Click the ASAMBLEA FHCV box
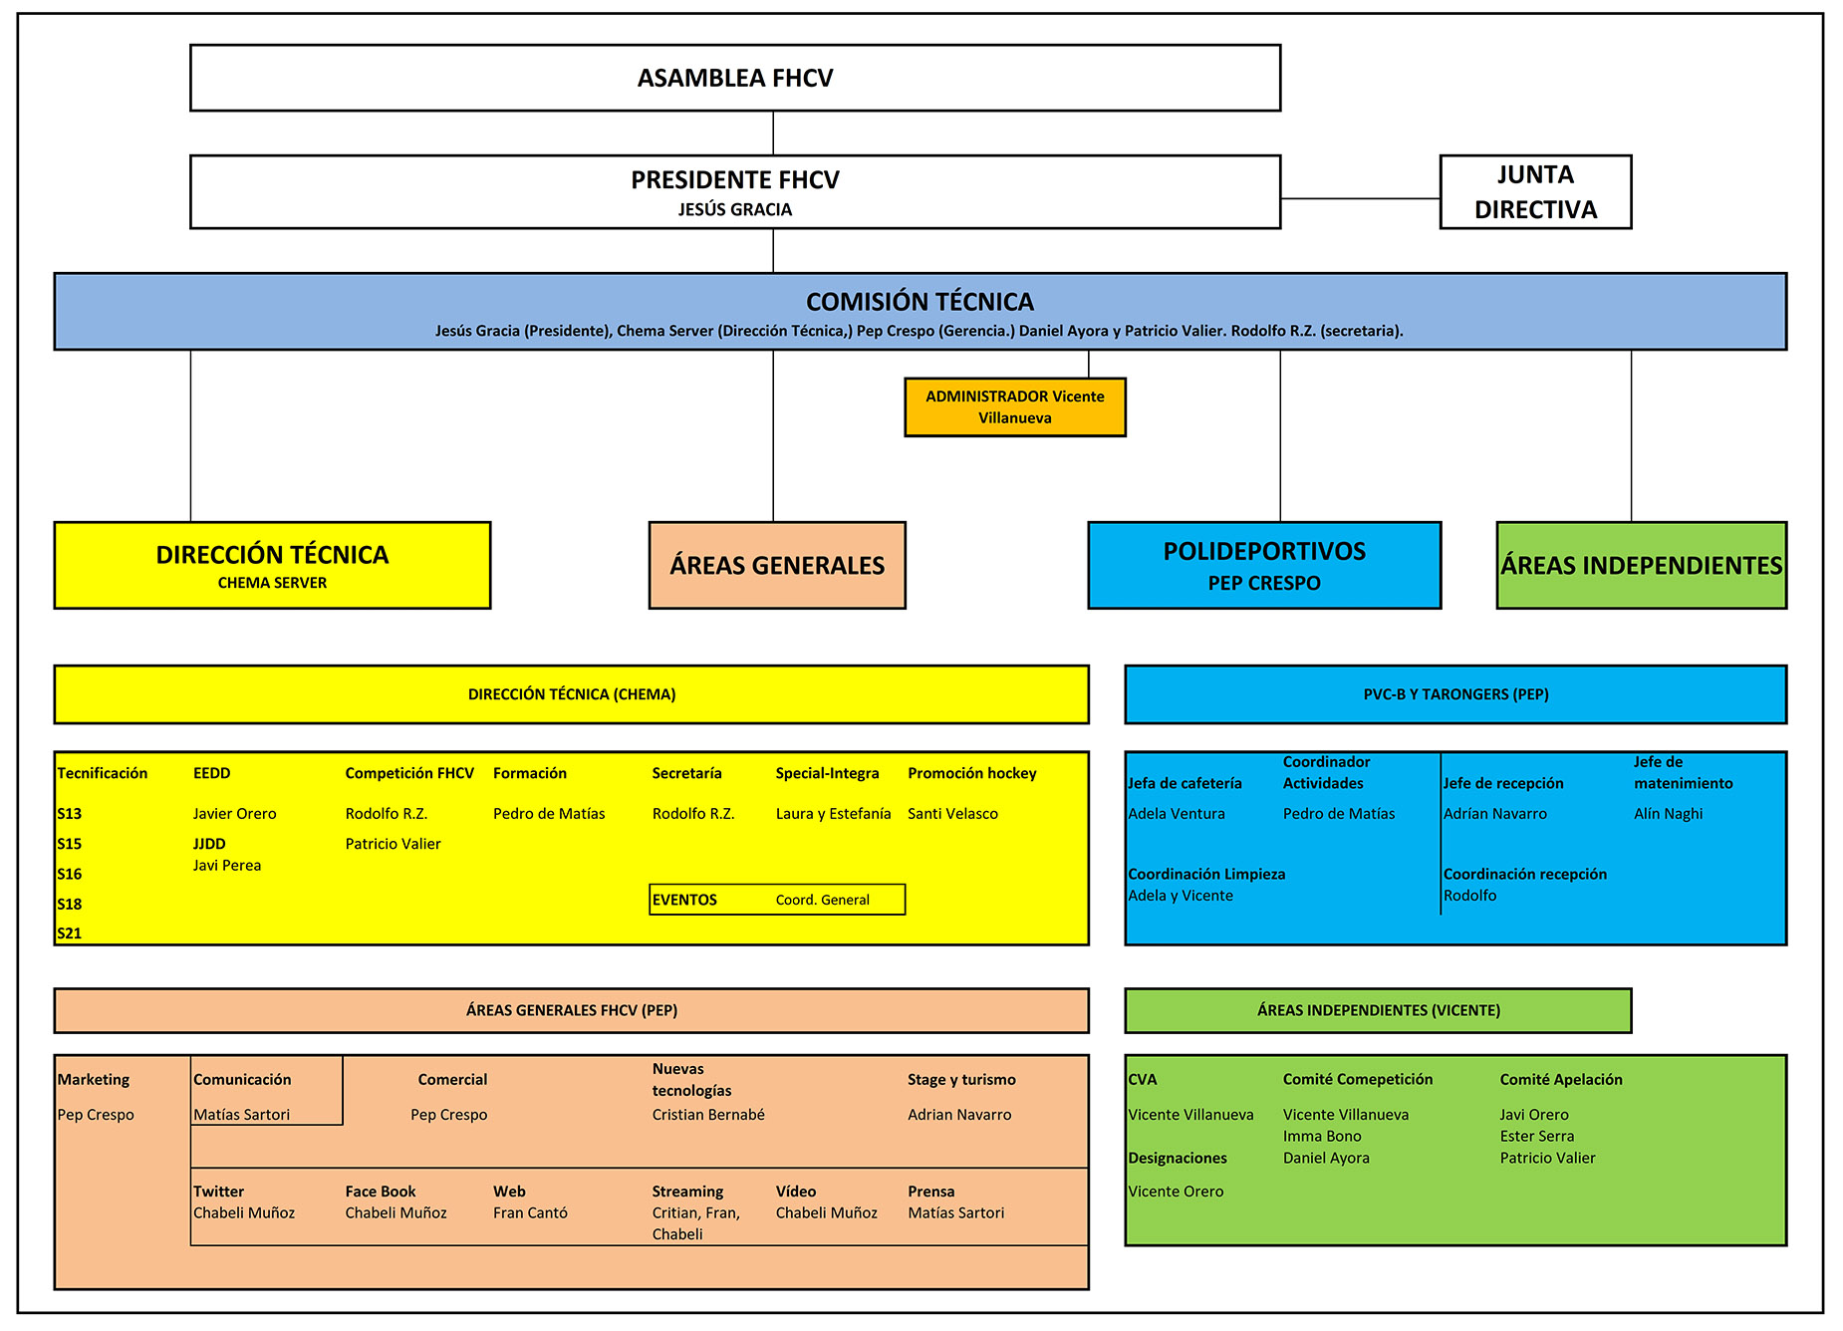tap(735, 78)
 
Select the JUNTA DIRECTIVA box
tap(1535, 192)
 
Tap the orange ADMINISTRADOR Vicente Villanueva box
tap(1015, 406)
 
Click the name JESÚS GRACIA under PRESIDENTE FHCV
tap(735, 209)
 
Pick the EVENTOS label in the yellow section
tap(684, 900)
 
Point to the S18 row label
tap(70, 904)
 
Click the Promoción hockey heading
tap(971, 773)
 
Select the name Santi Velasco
tap(952, 814)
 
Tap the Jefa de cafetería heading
tap(1185, 783)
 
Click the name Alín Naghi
tap(1668, 814)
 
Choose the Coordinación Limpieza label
tap(1206, 874)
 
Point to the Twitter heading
tap(218, 1192)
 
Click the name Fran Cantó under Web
tap(530, 1212)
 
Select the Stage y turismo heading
tap(961, 1079)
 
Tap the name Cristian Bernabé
tap(708, 1115)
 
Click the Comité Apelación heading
tap(1561, 1079)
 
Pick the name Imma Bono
tap(1322, 1136)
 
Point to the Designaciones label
tap(1178, 1158)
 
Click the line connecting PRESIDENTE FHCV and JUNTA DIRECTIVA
tap(1361, 198)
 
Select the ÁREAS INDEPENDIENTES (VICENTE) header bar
tap(1378, 1010)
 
